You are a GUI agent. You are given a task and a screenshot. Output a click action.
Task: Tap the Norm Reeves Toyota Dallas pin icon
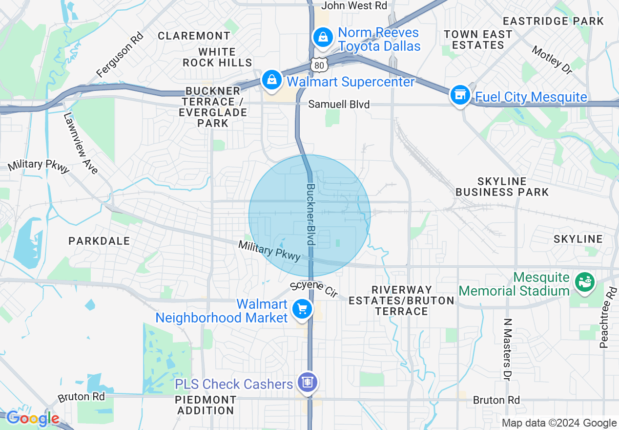[x=322, y=37]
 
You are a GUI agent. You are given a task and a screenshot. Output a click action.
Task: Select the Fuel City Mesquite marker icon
[x=460, y=95]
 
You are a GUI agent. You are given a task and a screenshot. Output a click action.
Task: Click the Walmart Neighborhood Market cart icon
[x=302, y=309]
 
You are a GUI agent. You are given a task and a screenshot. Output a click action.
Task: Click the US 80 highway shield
[x=317, y=64]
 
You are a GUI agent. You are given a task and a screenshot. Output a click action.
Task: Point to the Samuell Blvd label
[x=339, y=105]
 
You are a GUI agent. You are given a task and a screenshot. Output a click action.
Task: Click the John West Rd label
[x=354, y=6]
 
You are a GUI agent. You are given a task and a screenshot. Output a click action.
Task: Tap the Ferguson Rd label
[x=120, y=55]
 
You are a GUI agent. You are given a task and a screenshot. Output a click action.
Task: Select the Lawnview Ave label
[x=81, y=144]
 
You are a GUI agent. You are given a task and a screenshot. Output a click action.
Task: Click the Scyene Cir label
[x=314, y=289]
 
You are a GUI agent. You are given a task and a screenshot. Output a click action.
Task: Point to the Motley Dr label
[x=552, y=60]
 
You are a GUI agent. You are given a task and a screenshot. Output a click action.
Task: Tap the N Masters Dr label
[x=507, y=349]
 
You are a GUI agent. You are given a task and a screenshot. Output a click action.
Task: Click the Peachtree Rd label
[x=608, y=318]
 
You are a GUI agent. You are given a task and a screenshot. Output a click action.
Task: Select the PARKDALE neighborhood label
[x=100, y=241]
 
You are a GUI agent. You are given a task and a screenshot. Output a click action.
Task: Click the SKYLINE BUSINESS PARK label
[x=502, y=187]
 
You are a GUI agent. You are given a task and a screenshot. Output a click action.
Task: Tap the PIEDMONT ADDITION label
[x=206, y=405]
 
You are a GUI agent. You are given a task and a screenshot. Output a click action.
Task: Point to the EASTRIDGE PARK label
[x=553, y=21]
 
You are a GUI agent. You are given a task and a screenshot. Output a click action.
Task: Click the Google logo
[x=33, y=419]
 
